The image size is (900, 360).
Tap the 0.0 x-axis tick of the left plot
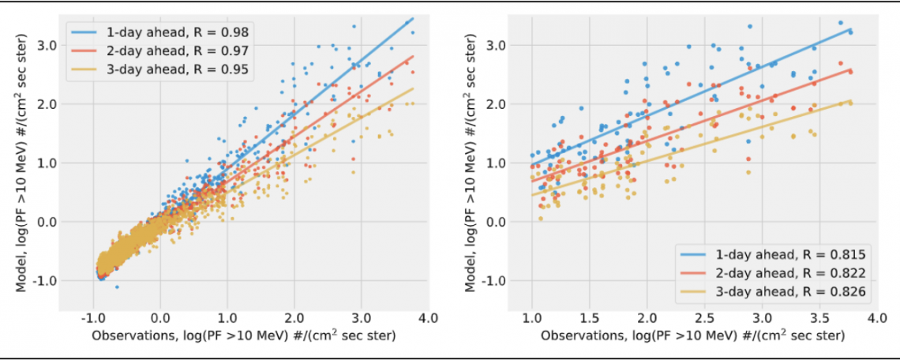click(x=160, y=318)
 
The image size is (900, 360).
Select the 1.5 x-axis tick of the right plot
click(x=589, y=318)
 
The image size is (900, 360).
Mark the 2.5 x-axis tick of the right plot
click(x=703, y=318)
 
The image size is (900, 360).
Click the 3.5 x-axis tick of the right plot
click(x=819, y=318)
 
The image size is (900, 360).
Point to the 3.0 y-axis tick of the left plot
click(x=46, y=45)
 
